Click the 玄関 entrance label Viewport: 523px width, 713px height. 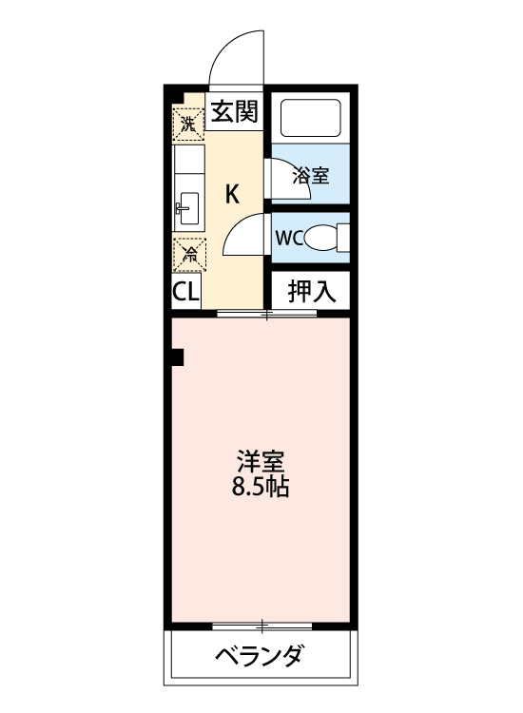point(234,112)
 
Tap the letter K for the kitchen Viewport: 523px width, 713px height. point(231,195)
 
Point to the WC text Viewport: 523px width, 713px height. point(289,238)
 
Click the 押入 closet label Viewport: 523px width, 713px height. point(312,291)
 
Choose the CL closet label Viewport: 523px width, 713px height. point(186,292)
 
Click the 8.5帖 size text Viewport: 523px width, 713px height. point(261,491)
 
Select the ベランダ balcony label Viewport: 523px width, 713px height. point(260,656)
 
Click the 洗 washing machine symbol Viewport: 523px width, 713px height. point(188,122)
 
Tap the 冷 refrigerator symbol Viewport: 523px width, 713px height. point(188,253)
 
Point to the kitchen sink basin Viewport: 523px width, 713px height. point(187,203)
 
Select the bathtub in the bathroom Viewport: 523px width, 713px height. point(311,118)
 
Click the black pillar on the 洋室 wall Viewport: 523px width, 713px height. point(177,356)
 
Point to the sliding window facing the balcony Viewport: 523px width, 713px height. point(260,626)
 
